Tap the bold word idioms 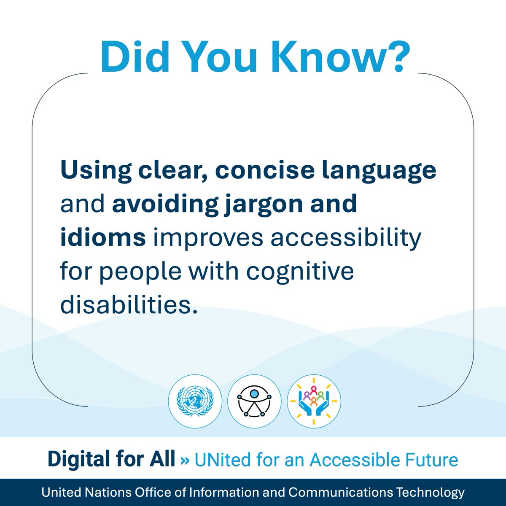(x=103, y=237)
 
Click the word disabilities (x=129, y=304)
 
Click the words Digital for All (x=111, y=459)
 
